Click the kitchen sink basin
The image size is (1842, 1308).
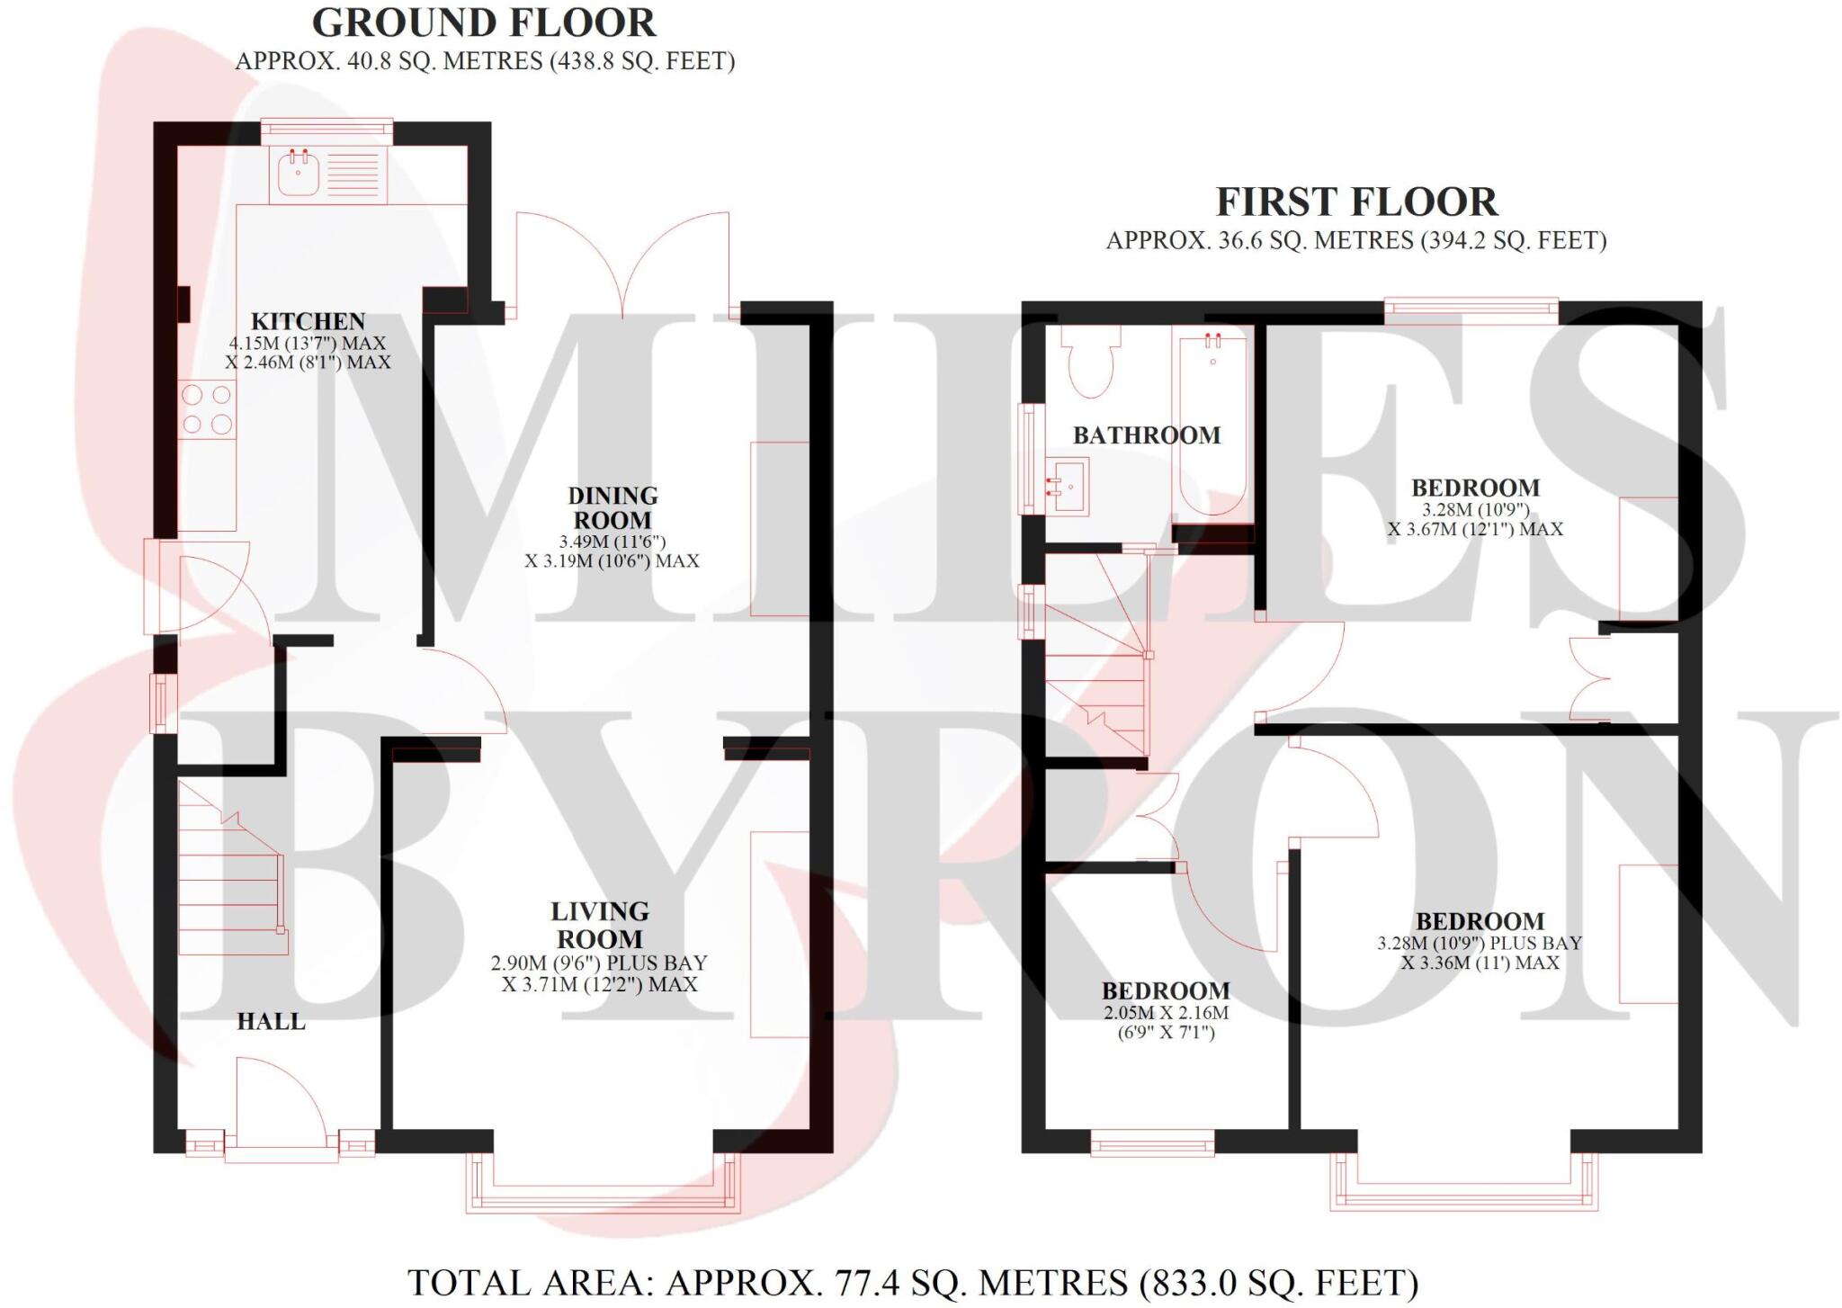point(299,174)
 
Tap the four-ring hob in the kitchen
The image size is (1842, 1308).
point(207,409)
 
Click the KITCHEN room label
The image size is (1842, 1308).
point(308,321)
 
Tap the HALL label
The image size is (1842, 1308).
point(271,1021)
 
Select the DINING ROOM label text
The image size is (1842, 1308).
point(613,507)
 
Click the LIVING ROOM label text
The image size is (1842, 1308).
point(599,925)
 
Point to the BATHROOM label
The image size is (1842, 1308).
point(1146,435)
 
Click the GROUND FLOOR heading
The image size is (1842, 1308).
point(484,23)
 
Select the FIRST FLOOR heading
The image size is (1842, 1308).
point(1356,202)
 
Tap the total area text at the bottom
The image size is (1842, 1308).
point(913,1282)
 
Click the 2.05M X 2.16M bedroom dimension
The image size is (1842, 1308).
point(1166,1012)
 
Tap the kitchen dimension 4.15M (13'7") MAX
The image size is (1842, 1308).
point(308,343)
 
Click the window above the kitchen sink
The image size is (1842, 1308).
point(327,131)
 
